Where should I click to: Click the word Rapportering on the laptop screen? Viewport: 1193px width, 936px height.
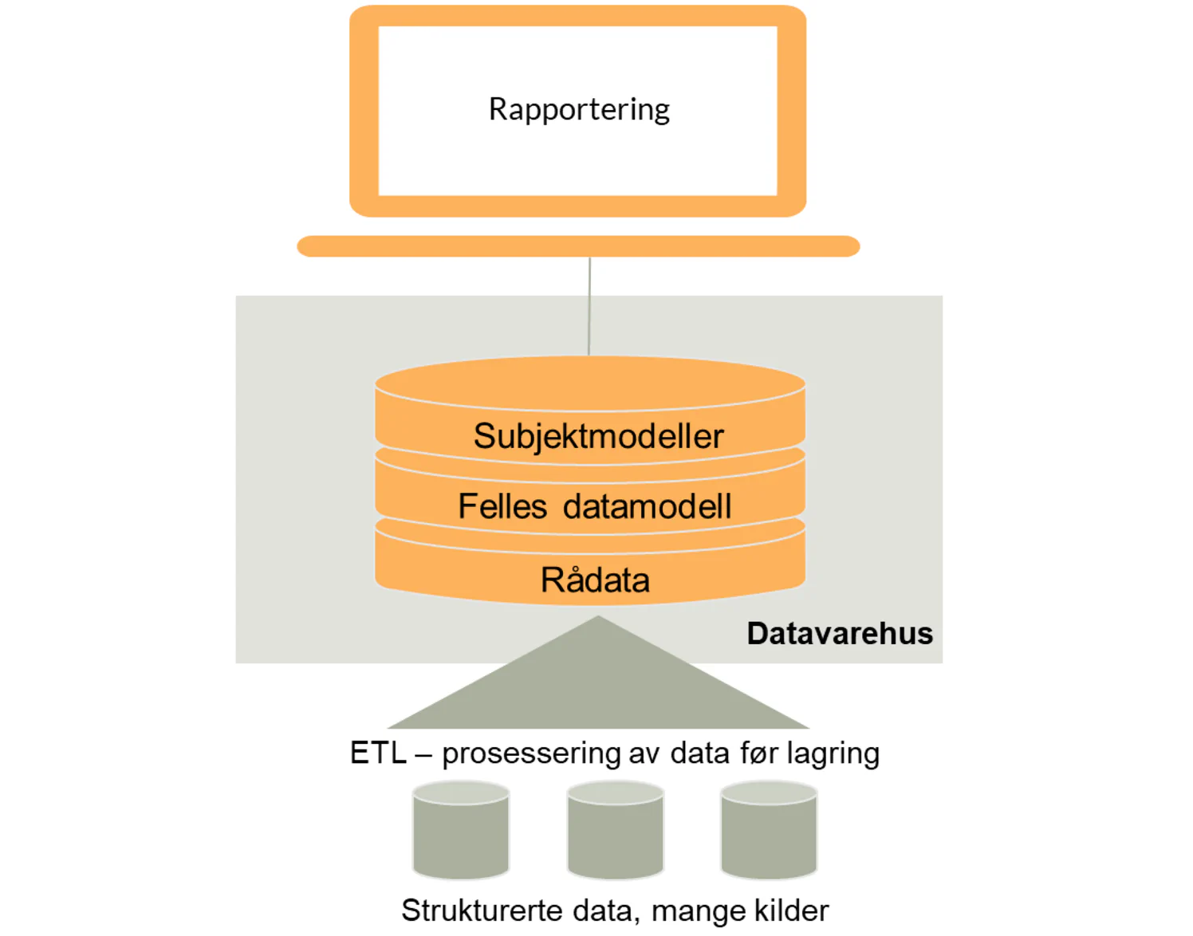click(579, 109)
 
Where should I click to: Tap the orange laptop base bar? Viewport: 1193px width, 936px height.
click(578, 246)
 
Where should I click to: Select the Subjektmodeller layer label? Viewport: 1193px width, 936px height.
click(598, 436)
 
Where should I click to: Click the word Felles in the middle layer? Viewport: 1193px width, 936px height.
click(502, 506)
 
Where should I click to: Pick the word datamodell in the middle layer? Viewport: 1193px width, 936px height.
click(647, 506)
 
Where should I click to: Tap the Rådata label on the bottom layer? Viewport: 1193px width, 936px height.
click(595, 580)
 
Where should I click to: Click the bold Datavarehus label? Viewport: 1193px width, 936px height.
click(839, 633)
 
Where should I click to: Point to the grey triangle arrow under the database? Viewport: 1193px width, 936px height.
click(598, 686)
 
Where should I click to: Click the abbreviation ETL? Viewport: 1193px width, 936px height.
click(378, 753)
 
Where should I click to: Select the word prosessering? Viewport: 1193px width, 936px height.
click(531, 753)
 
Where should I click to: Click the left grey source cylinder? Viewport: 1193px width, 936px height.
click(461, 832)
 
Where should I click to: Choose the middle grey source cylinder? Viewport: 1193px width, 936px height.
click(615, 832)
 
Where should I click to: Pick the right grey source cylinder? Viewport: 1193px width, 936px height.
click(769, 832)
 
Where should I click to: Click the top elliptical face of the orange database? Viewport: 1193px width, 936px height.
click(590, 383)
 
